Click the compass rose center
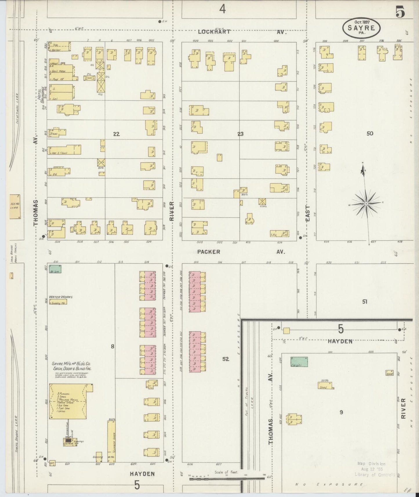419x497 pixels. point(366,204)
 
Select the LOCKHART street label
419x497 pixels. point(215,32)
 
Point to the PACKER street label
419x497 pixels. point(209,252)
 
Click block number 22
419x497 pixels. point(116,134)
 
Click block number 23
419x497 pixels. point(240,134)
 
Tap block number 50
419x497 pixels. point(370,133)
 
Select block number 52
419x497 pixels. point(226,359)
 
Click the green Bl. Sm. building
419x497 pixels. point(55,269)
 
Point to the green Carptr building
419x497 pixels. point(299,362)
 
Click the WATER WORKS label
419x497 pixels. point(61,297)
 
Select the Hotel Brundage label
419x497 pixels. point(40,94)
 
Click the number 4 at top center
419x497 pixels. point(222,9)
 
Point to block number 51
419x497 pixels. point(364,302)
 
